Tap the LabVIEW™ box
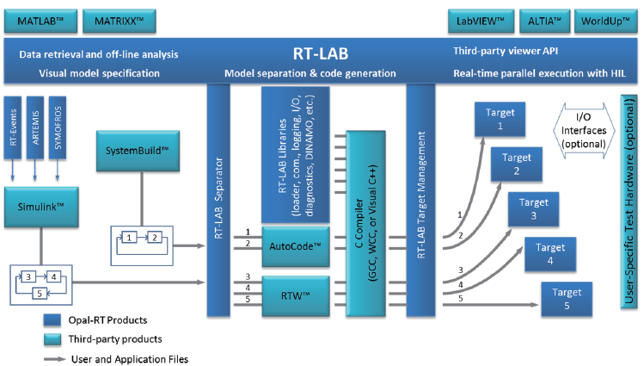coord(482,19)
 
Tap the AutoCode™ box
coord(295,246)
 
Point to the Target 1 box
coord(500,119)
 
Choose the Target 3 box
coord(533,210)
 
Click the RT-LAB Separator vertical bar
coord(219,199)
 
